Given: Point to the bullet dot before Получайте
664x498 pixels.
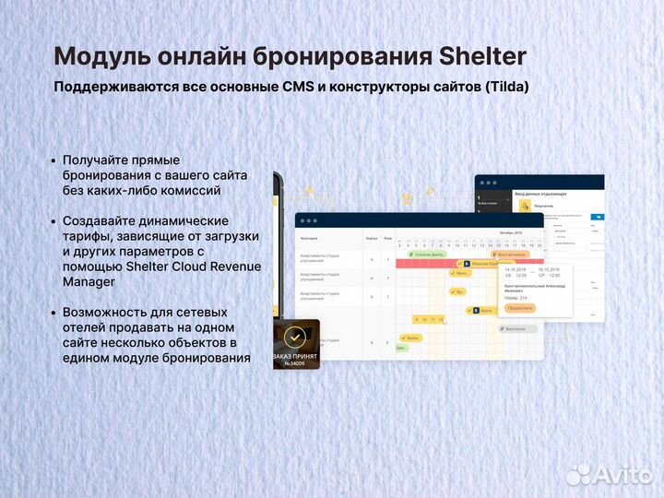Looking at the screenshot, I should pyautogui.click(x=53, y=160).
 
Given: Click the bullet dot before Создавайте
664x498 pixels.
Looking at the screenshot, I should pyautogui.click(x=53, y=221).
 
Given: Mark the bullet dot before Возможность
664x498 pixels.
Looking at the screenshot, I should pyautogui.click(x=53, y=313).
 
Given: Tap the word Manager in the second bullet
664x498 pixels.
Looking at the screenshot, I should pyautogui.click(x=89, y=281).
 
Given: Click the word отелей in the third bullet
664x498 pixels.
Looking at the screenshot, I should pyautogui.click(x=85, y=327).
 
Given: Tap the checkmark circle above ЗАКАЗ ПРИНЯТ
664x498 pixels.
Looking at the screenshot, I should pyautogui.click(x=295, y=337).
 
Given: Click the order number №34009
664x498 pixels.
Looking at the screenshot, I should pyautogui.click(x=296, y=362).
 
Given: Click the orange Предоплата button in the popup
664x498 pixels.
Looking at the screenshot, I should pyautogui.click(x=520, y=308).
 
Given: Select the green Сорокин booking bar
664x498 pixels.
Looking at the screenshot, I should pyautogui.click(x=427, y=254).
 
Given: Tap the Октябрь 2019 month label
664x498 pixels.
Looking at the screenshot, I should pyautogui.click(x=510, y=233).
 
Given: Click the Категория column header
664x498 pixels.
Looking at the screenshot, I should pyautogui.click(x=310, y=237).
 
